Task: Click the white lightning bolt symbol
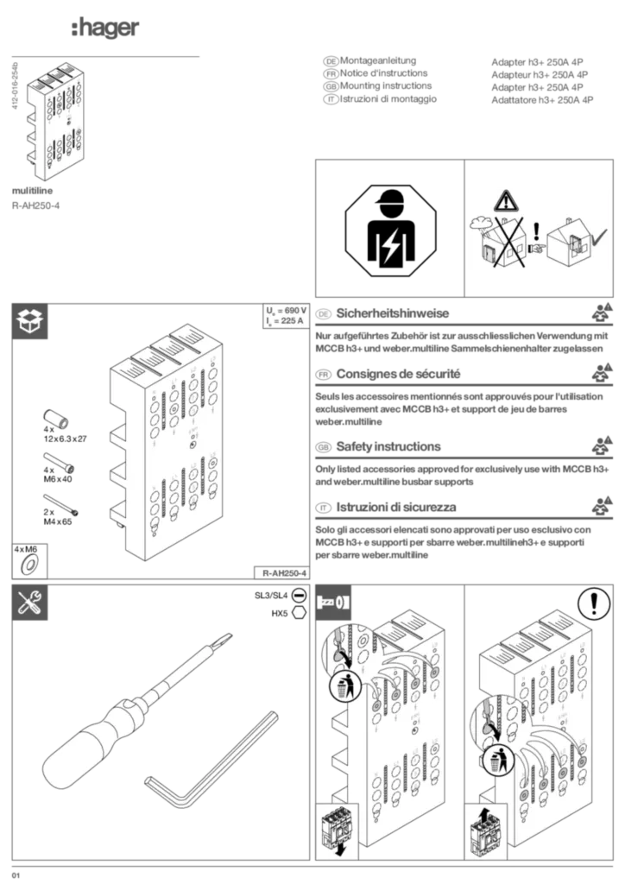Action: pos(391,246)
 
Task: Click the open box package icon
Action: pos(31,321)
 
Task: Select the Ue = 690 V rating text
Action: pos(286,311)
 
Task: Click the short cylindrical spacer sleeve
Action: pos(55,421)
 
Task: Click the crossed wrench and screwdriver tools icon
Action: pos(31,603)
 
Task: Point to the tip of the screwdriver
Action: pos(227,638)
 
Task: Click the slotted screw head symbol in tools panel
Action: pos(298,596)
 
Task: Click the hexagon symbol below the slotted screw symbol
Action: pos(298,611)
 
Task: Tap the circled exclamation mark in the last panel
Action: pos(594,603)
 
